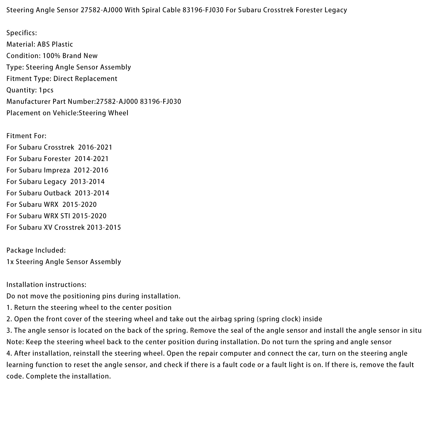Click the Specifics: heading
[x=22, y=33]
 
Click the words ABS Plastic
[x=55, y=44]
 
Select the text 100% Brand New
[x=70, y=56]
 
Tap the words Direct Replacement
[x=85, y=79]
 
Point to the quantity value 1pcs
[x=46, y=90]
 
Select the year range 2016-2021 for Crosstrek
[x=95, y=147]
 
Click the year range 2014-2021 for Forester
[x=92, y=159]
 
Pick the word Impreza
[x=57, y=170]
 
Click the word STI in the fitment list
[x=65, y=216]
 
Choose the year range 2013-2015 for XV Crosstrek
[x=104, y=228]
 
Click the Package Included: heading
[x=36, y=250]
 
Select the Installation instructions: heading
[x=46, y=285]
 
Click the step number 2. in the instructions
[x=9, y=319]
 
